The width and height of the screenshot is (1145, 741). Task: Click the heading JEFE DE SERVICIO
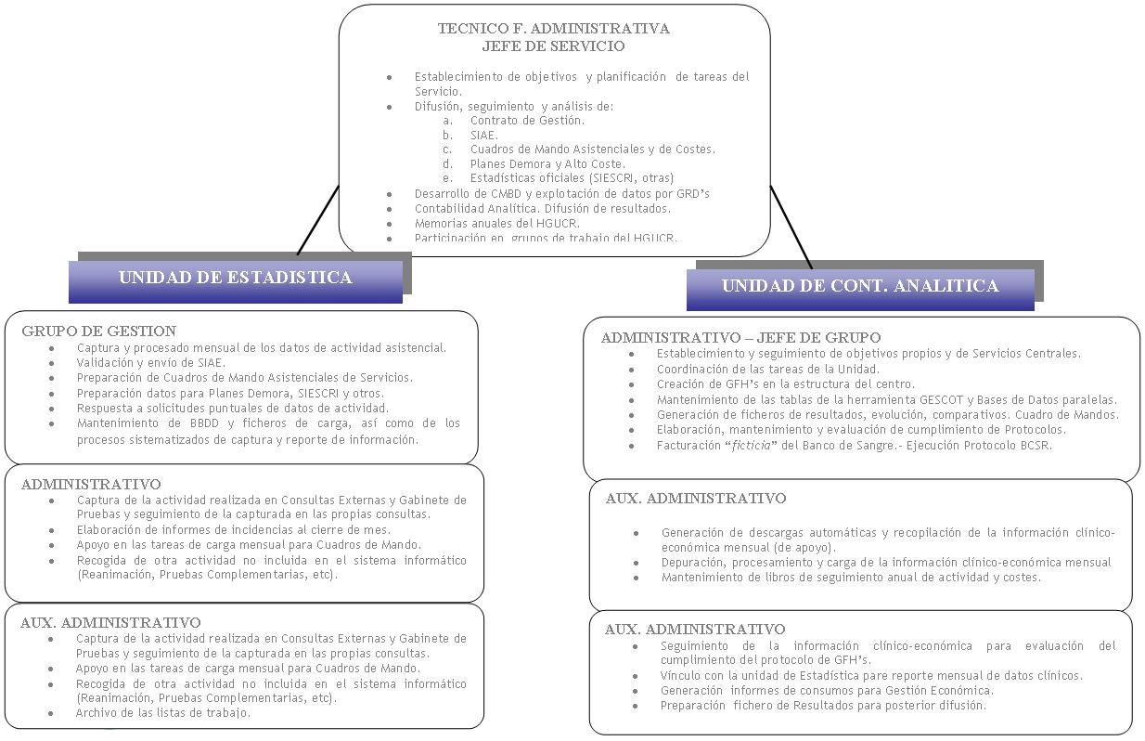coord(553,45)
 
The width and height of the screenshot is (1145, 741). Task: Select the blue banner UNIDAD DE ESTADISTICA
coord(235,278)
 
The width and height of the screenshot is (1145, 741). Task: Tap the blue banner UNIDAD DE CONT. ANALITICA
coord(859,286)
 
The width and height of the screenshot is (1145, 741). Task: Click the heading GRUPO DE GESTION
coord(98,331)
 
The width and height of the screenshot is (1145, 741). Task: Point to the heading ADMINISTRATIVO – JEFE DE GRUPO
coord(740,337)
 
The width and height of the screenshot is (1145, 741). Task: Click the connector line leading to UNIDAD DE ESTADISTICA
coord(317,220)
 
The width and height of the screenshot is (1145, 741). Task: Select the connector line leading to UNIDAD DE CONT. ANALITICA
coord(791,228)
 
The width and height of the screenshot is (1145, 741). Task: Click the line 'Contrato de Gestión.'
coord(527,120)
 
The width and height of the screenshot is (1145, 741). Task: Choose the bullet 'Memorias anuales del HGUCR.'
coord(496,223)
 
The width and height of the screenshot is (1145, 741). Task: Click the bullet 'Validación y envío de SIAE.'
coord(150,362)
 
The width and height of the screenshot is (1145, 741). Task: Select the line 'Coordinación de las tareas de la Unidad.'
coord(767,369)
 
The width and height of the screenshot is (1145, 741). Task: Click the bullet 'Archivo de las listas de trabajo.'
coord(162,713)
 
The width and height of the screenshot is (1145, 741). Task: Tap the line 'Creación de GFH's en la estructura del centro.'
coord(785,383)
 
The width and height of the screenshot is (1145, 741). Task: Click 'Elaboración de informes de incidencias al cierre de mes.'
coord(233,529)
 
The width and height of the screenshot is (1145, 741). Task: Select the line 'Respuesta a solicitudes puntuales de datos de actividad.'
coord(232,408)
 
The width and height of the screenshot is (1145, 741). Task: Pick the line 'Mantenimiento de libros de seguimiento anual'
coord(851,577)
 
